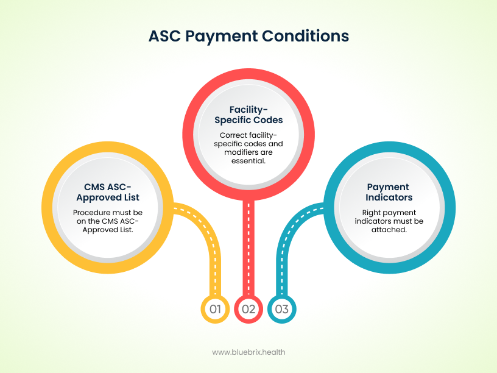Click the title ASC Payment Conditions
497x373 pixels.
[x=248, y=36]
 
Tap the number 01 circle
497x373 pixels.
[x=214, y=309]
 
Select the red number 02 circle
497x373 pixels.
[x=248, y=309]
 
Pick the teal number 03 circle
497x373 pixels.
[x=282, y=309]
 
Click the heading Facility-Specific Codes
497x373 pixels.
[x=248, y=115]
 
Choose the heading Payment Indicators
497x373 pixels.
[x=388, y=192]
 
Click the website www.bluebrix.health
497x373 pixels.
[x=248, y=352]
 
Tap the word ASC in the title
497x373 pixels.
[x=164, y=36]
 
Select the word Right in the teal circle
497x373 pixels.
[x=365, y=212]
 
